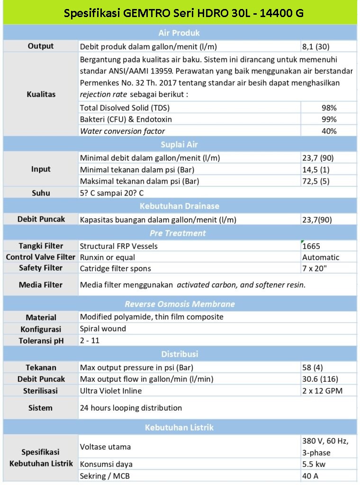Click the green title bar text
(184, 13)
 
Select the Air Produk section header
(179, 33)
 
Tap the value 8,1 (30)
(316, 46)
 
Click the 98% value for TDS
(329, 108)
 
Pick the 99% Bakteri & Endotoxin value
(329, 119)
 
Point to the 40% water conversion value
(329, 131)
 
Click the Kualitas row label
(41, 94)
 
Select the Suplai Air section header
(179, 144)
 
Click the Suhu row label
(41, 193)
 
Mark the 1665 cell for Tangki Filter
(311, 246)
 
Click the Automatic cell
(321, 257)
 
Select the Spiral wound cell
(103, 329)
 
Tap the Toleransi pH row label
(41, 341)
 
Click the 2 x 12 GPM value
(322, 391)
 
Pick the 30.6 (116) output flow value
(320, 379)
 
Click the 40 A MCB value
(310, 476)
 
